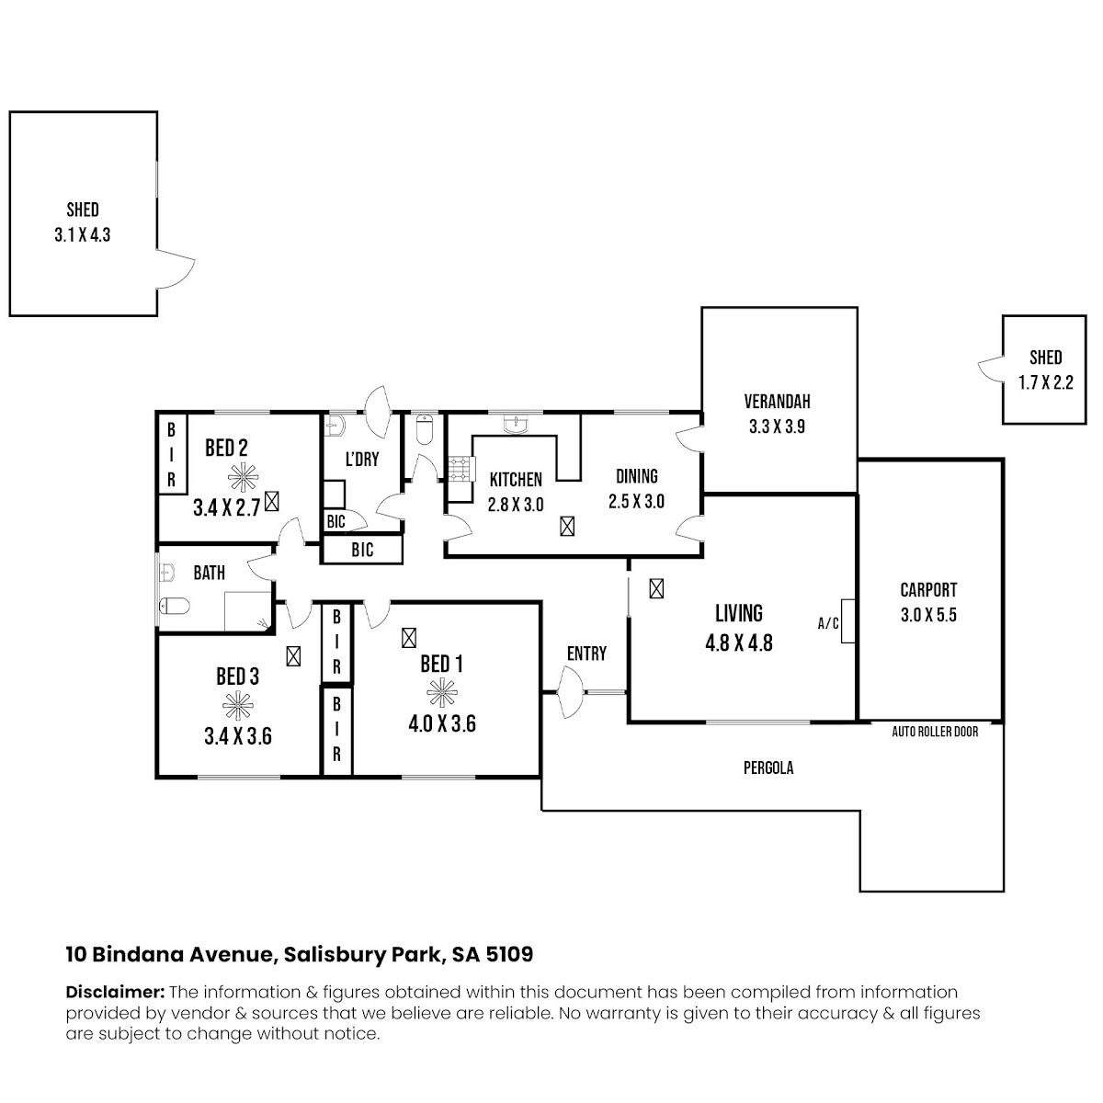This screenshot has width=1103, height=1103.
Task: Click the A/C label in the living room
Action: click(827, 623)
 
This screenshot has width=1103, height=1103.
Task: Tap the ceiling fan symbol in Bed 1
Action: click(442, 693)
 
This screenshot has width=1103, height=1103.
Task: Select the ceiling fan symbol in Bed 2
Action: click(244, 476)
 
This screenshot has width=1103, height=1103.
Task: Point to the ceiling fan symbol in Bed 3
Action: click(237, 706)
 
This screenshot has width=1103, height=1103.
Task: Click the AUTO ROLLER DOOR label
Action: click(935, 732)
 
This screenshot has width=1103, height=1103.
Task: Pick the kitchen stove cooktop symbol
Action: click(459, 469)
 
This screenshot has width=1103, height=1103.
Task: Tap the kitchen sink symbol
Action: click(517, 424)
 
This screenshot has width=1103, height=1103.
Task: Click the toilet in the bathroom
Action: click(174, 605)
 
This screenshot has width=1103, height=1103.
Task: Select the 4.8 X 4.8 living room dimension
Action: click(738, 643)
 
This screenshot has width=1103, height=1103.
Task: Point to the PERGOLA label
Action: click(768, 768)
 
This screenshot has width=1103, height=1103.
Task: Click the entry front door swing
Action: click(570, 693)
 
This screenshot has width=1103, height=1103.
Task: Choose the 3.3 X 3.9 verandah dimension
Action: click(777, 426)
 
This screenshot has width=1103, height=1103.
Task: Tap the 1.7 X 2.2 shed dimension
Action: click(1045, 382)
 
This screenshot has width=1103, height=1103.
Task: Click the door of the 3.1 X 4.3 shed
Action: click(176, 268)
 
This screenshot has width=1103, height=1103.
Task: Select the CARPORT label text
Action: click(928, 589)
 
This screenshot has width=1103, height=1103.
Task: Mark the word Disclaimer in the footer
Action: click(115, 992)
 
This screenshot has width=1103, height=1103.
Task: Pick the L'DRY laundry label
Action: click(362, 459)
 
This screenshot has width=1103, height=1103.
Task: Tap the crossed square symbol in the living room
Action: click(656, 588)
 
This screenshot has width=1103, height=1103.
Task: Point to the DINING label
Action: click(636, 476)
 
